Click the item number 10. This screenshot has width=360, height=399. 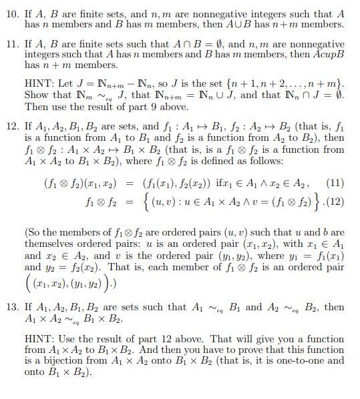(13, 14)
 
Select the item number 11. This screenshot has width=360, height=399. (13, 45)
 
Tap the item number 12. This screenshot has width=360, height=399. (13, 125)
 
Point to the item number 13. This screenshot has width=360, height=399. (13, 307)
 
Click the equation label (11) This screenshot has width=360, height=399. (335, 182)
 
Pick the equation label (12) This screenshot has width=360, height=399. (335, 200)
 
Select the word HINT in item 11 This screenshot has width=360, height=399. (39, 85)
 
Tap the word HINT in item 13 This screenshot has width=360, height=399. (39, 339)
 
